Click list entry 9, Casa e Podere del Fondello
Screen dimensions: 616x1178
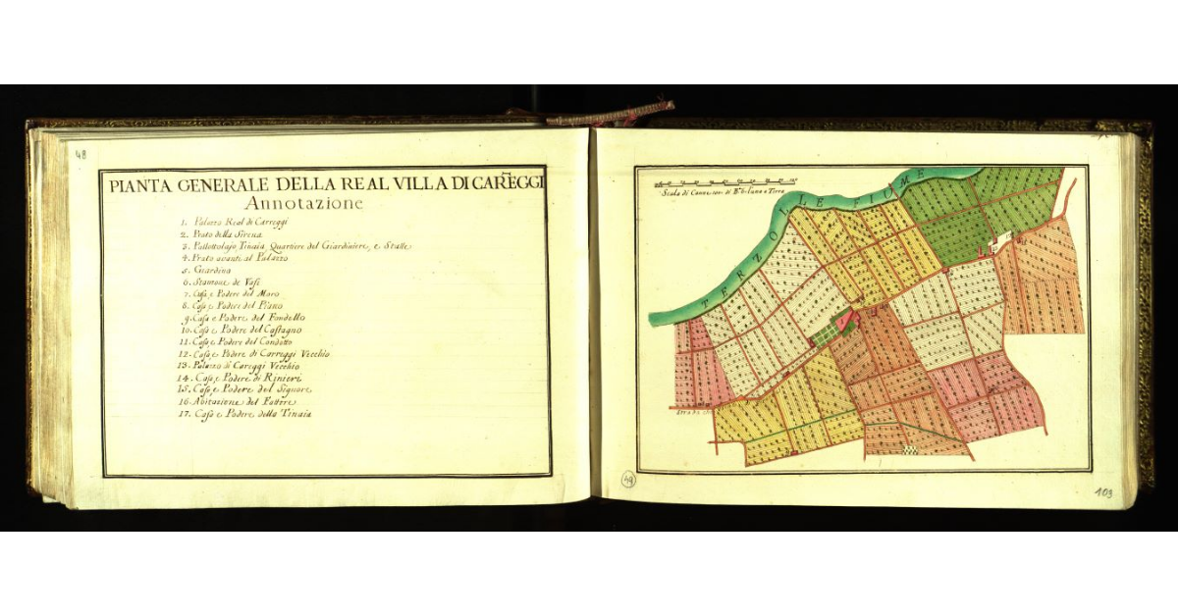[246, 318]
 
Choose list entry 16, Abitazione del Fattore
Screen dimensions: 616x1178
[236, 401]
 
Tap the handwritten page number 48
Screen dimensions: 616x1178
[80, 153]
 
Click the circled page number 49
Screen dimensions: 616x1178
[628, 480]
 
